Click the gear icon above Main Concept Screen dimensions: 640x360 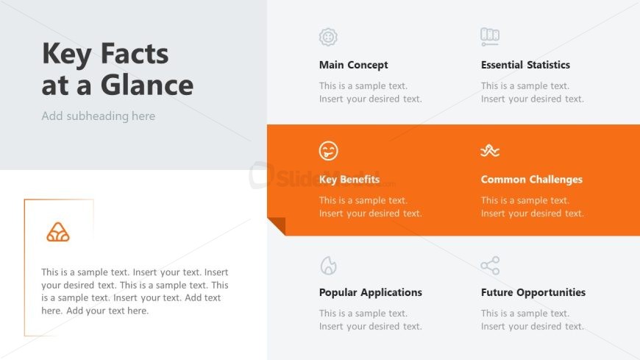pyautogui.click(x=328, y=38)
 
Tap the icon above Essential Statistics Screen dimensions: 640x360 pyautogui.click(x=490, y=37)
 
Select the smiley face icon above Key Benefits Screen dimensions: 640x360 pyautogui.click(x=329, y=151)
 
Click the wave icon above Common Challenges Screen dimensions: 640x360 pyautogui.click(x=490, y=151)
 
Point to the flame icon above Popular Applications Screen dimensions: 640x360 pyautogui.click(x=328, y=266)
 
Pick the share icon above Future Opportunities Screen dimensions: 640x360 pyautogui.click(x=490, y=266)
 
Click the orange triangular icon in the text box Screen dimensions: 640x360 pyautogui.click(x=58, y=232)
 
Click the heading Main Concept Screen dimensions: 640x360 pyautogui.click(x=353, y=65)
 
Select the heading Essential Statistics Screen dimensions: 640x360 pyautogui.click(x=525, y=65)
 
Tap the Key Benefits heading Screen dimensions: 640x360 pyautogui.click(x=349, y=180)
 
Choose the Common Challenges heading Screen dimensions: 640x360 pyautogui.click(x=531, y=180)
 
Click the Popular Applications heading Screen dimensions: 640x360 pyautogui.click(x=371, y=292)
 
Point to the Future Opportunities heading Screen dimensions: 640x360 pyautogui.click(x=533, y=292)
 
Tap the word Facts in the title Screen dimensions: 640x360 pyautogui.click(x=135, y=54)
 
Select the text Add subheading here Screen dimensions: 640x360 pyautogui.click(x=99, y=116)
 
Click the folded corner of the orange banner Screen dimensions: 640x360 pyautogui.click(x=277, y=226)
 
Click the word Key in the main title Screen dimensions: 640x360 pyautogui.click(x=66, y=54)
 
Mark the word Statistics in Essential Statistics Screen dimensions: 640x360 pyautogui.click(x=548, y=65)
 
